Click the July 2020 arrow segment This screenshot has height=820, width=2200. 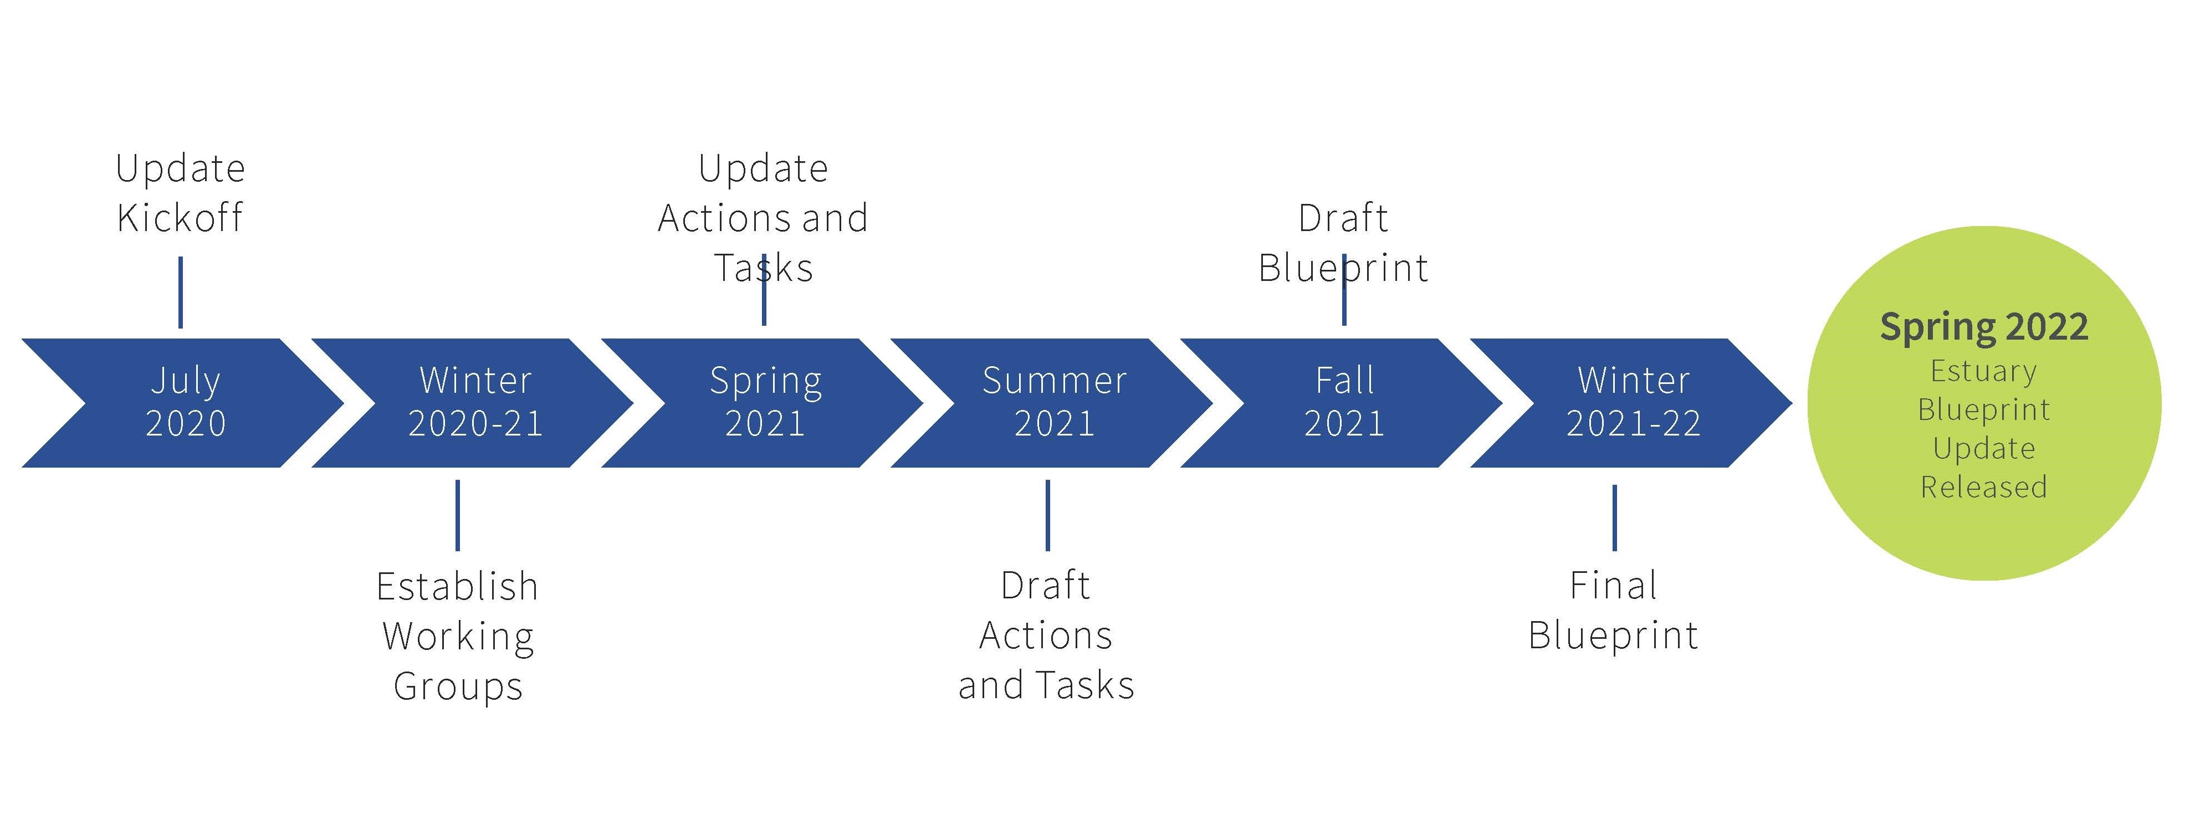pos(183,402)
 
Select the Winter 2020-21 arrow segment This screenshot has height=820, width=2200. pos(474,402)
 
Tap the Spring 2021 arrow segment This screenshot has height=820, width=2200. pos(764,402)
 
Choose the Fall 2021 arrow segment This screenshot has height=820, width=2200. pos(1343,402)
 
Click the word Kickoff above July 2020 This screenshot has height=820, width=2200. pos(180,217)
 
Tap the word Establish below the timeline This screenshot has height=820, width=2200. pos(458,586)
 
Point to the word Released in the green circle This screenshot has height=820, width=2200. pos(1984,487)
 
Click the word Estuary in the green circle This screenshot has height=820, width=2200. pos(1984,372)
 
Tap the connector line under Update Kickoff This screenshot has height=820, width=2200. pos(180,292)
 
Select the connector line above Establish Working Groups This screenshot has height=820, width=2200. pos(458,515)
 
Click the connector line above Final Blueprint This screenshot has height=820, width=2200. pos(1614,517)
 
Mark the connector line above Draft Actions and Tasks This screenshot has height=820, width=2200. pos(1047,515)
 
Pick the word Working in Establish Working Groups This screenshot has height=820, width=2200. pos(458,637)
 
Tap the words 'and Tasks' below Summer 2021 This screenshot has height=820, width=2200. pos(1046,685)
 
